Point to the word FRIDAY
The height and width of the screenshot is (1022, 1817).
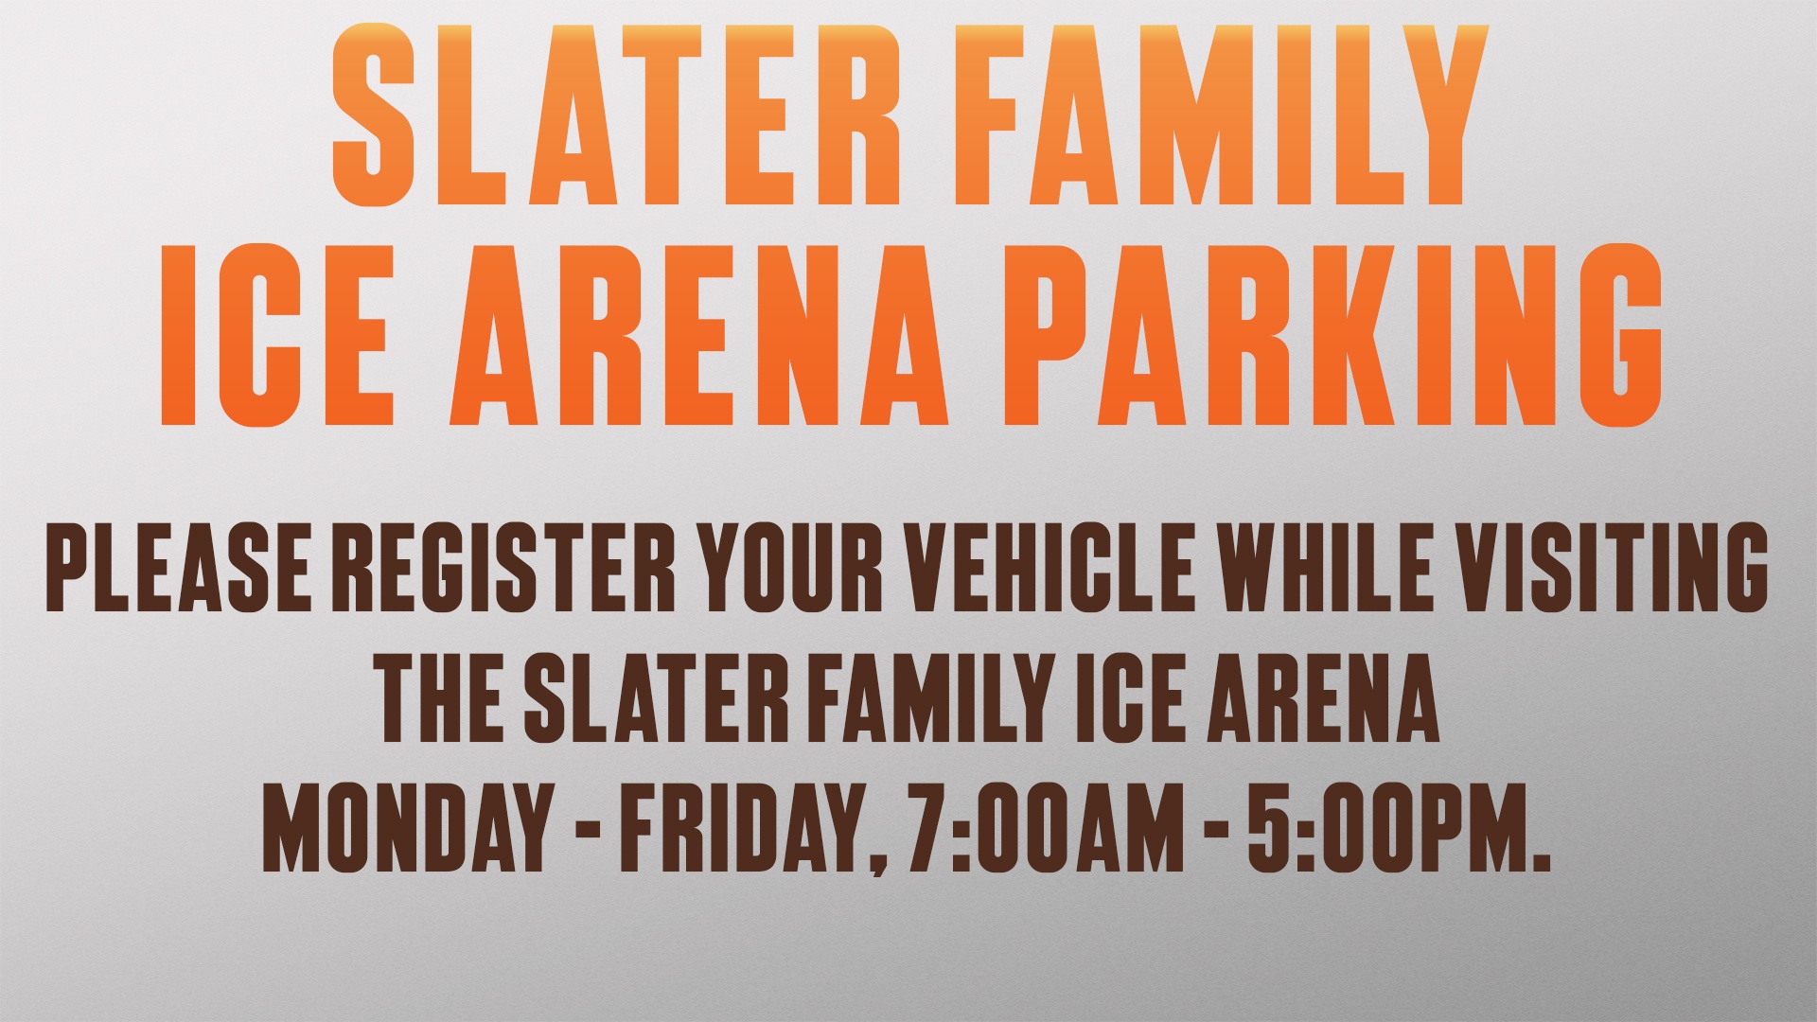point(755,830)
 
